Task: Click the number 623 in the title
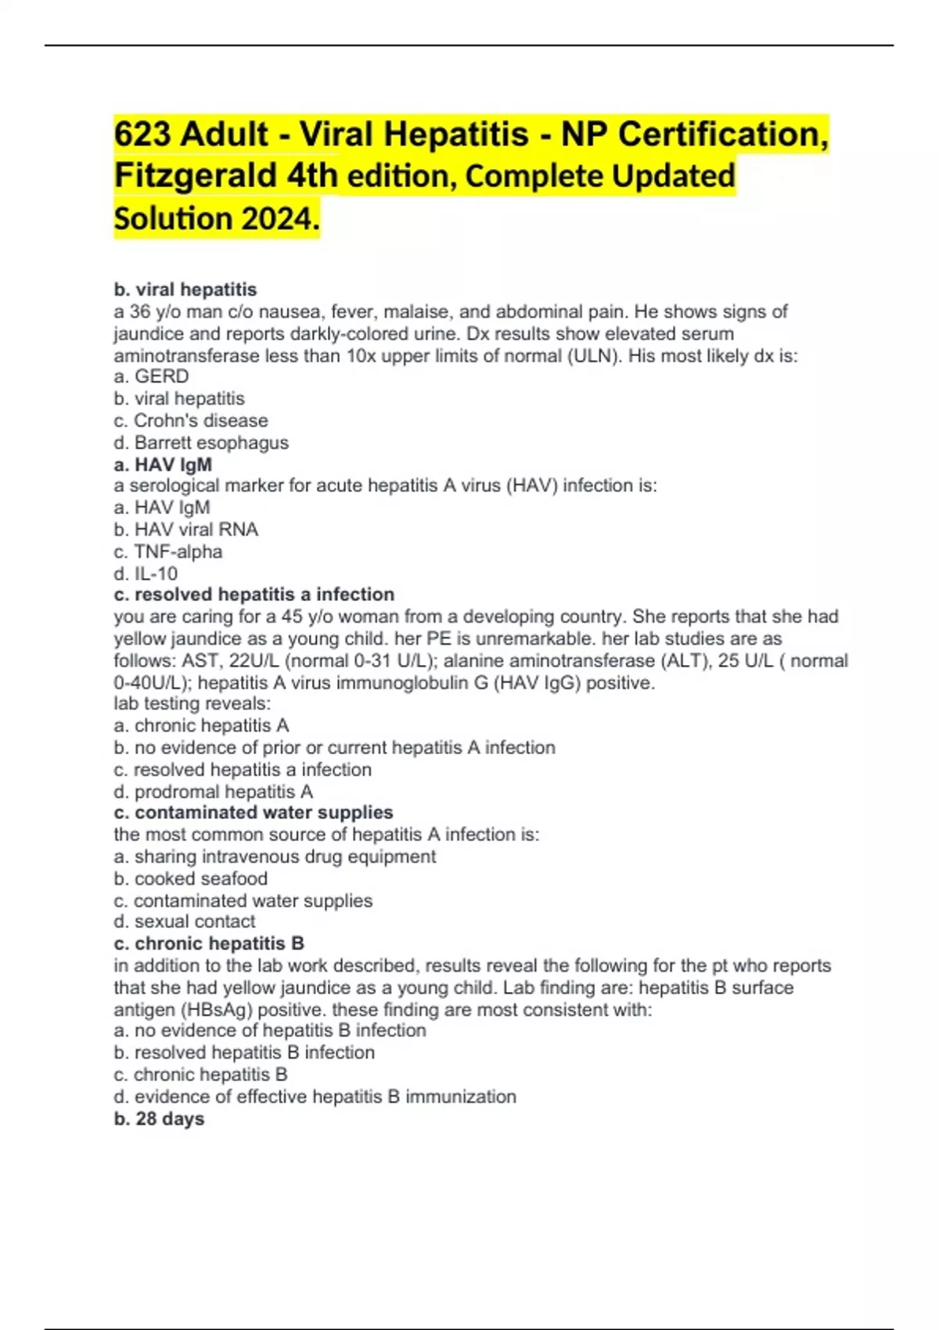142,134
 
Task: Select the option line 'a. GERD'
151,376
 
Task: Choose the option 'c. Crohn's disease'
191,420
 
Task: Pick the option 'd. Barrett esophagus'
201,443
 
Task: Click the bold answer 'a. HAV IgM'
163,465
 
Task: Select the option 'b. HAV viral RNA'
185,530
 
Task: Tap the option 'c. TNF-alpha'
167,552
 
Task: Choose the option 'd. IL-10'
146,573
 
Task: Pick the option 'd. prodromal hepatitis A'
213,792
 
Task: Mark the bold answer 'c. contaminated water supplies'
253,813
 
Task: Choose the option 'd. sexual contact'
185,922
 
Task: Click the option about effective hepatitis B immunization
315,1097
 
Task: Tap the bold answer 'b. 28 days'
159,1119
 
